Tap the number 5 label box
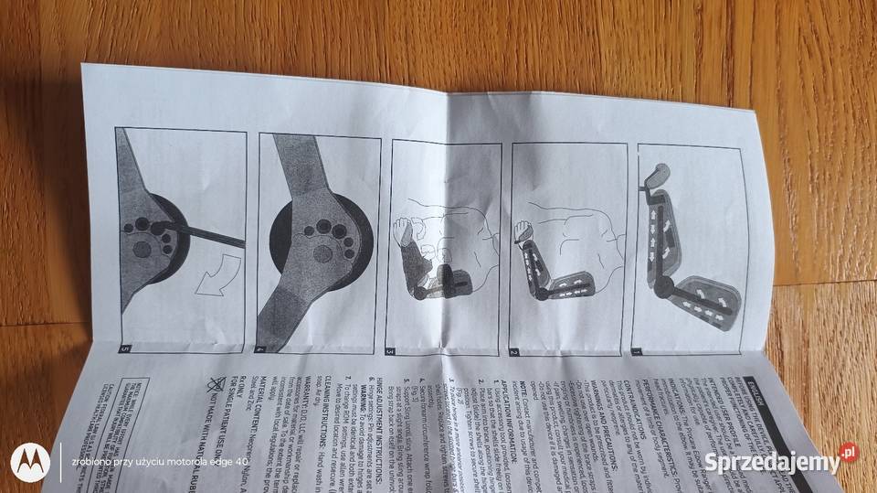(x=125, y=348)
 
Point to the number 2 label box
(x=513, y=351)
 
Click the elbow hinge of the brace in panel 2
(x=541, y=294)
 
